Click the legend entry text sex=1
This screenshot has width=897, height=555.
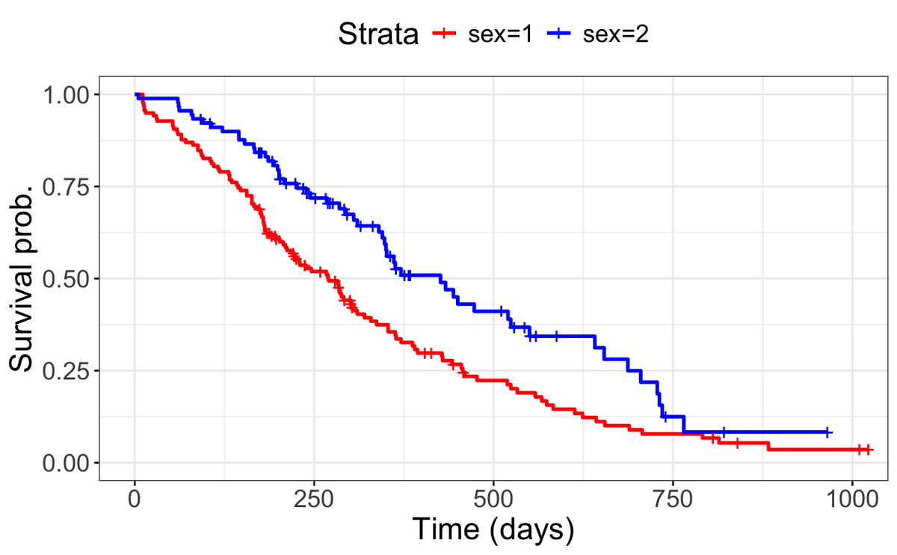pos(500,34)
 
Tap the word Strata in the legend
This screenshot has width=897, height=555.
pos(377,34)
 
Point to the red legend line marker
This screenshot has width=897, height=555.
pos(446,34)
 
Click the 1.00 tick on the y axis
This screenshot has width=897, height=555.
pos(67,94)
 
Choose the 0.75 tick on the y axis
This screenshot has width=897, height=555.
pos(67,186)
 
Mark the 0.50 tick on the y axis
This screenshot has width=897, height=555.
pos(67,278)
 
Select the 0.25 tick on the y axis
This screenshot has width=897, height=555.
pos(67,370)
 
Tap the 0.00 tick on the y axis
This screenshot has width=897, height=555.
pos(67,462)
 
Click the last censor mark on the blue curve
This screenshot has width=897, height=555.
pos(827,432)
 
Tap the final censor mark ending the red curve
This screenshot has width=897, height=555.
pos(869,450)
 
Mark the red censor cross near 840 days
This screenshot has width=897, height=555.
pos(737,444)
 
